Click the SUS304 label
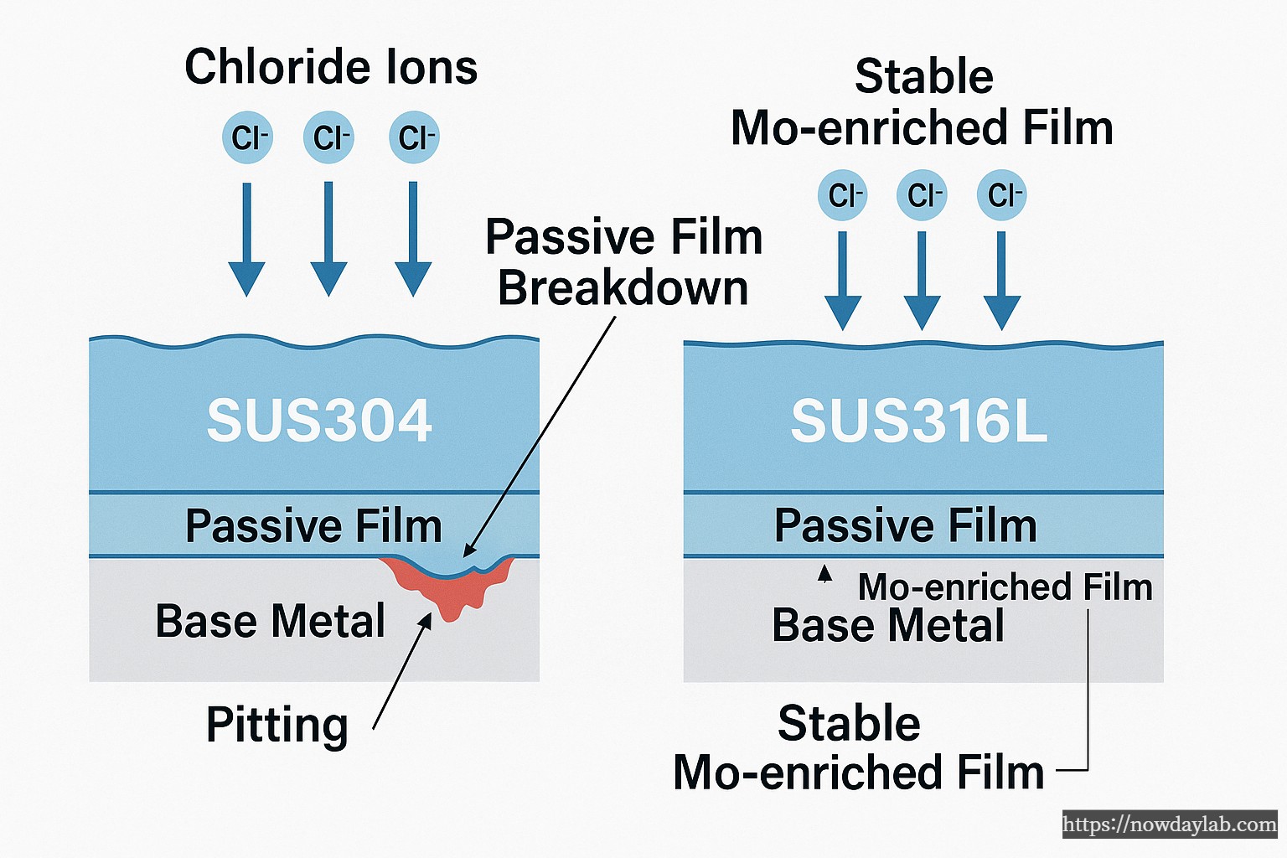[319, 421]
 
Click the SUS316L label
[919, 421]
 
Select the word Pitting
[277, 725]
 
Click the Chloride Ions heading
[331, 67]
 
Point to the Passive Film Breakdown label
[623, 262]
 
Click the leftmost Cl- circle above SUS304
[248, 137]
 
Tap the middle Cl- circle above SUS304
[329, 137]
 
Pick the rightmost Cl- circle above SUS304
[415, 137]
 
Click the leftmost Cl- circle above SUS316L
[843, 195]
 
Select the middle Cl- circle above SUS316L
[923, 195]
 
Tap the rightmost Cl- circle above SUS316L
[1002, 195]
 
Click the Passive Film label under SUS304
[313, 526]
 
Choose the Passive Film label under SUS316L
[906, 526]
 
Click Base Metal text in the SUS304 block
[271, 622]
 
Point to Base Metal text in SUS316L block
[888, 626]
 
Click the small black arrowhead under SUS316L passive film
[825, 573]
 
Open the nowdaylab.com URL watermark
[1170, 824]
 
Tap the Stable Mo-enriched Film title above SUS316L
[923, 102]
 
